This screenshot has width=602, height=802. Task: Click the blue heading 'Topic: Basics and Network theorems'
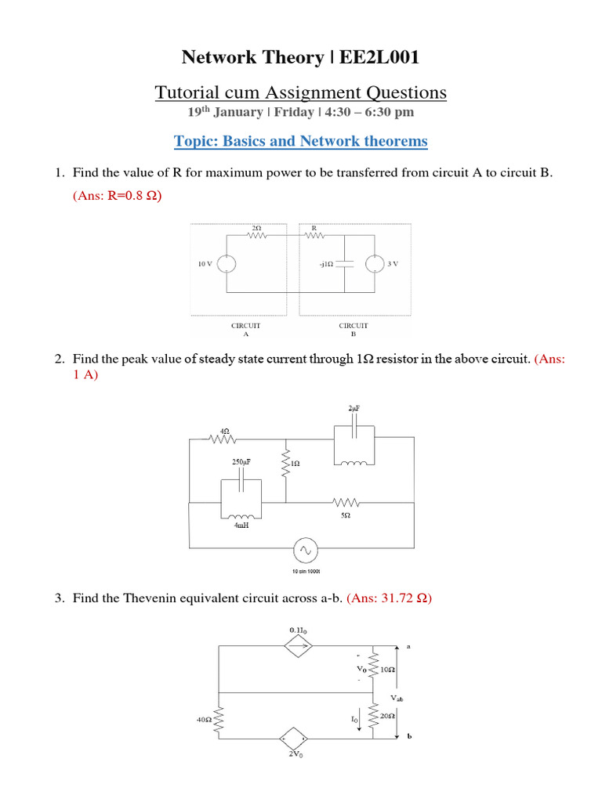(300, 141)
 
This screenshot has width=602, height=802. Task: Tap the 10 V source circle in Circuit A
(226, 264)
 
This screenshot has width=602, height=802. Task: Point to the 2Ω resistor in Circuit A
(256, 233)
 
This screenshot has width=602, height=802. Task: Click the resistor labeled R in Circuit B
(316, 233)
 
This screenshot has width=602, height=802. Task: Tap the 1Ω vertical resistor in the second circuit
(285, 464)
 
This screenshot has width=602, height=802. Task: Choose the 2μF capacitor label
(354, 408)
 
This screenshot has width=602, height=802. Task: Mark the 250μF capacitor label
(241, 463)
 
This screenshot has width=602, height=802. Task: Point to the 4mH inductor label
(240, 526)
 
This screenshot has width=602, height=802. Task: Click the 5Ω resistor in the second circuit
(346, 502)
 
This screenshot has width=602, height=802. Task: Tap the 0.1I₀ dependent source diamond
(297, 646)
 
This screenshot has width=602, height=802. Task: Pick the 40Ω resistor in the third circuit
(219, 718)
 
